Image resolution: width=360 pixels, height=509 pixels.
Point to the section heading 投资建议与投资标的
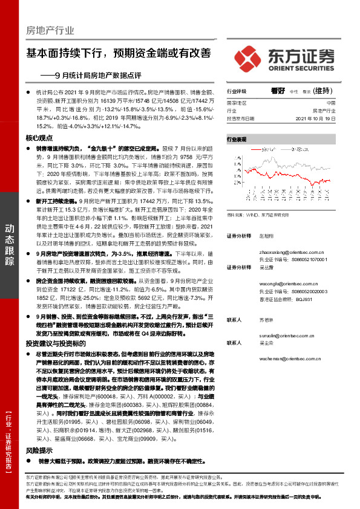click(54, 343)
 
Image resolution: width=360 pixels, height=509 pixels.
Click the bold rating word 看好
click(278, 91)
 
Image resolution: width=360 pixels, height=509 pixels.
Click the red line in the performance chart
click(290, 169)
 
